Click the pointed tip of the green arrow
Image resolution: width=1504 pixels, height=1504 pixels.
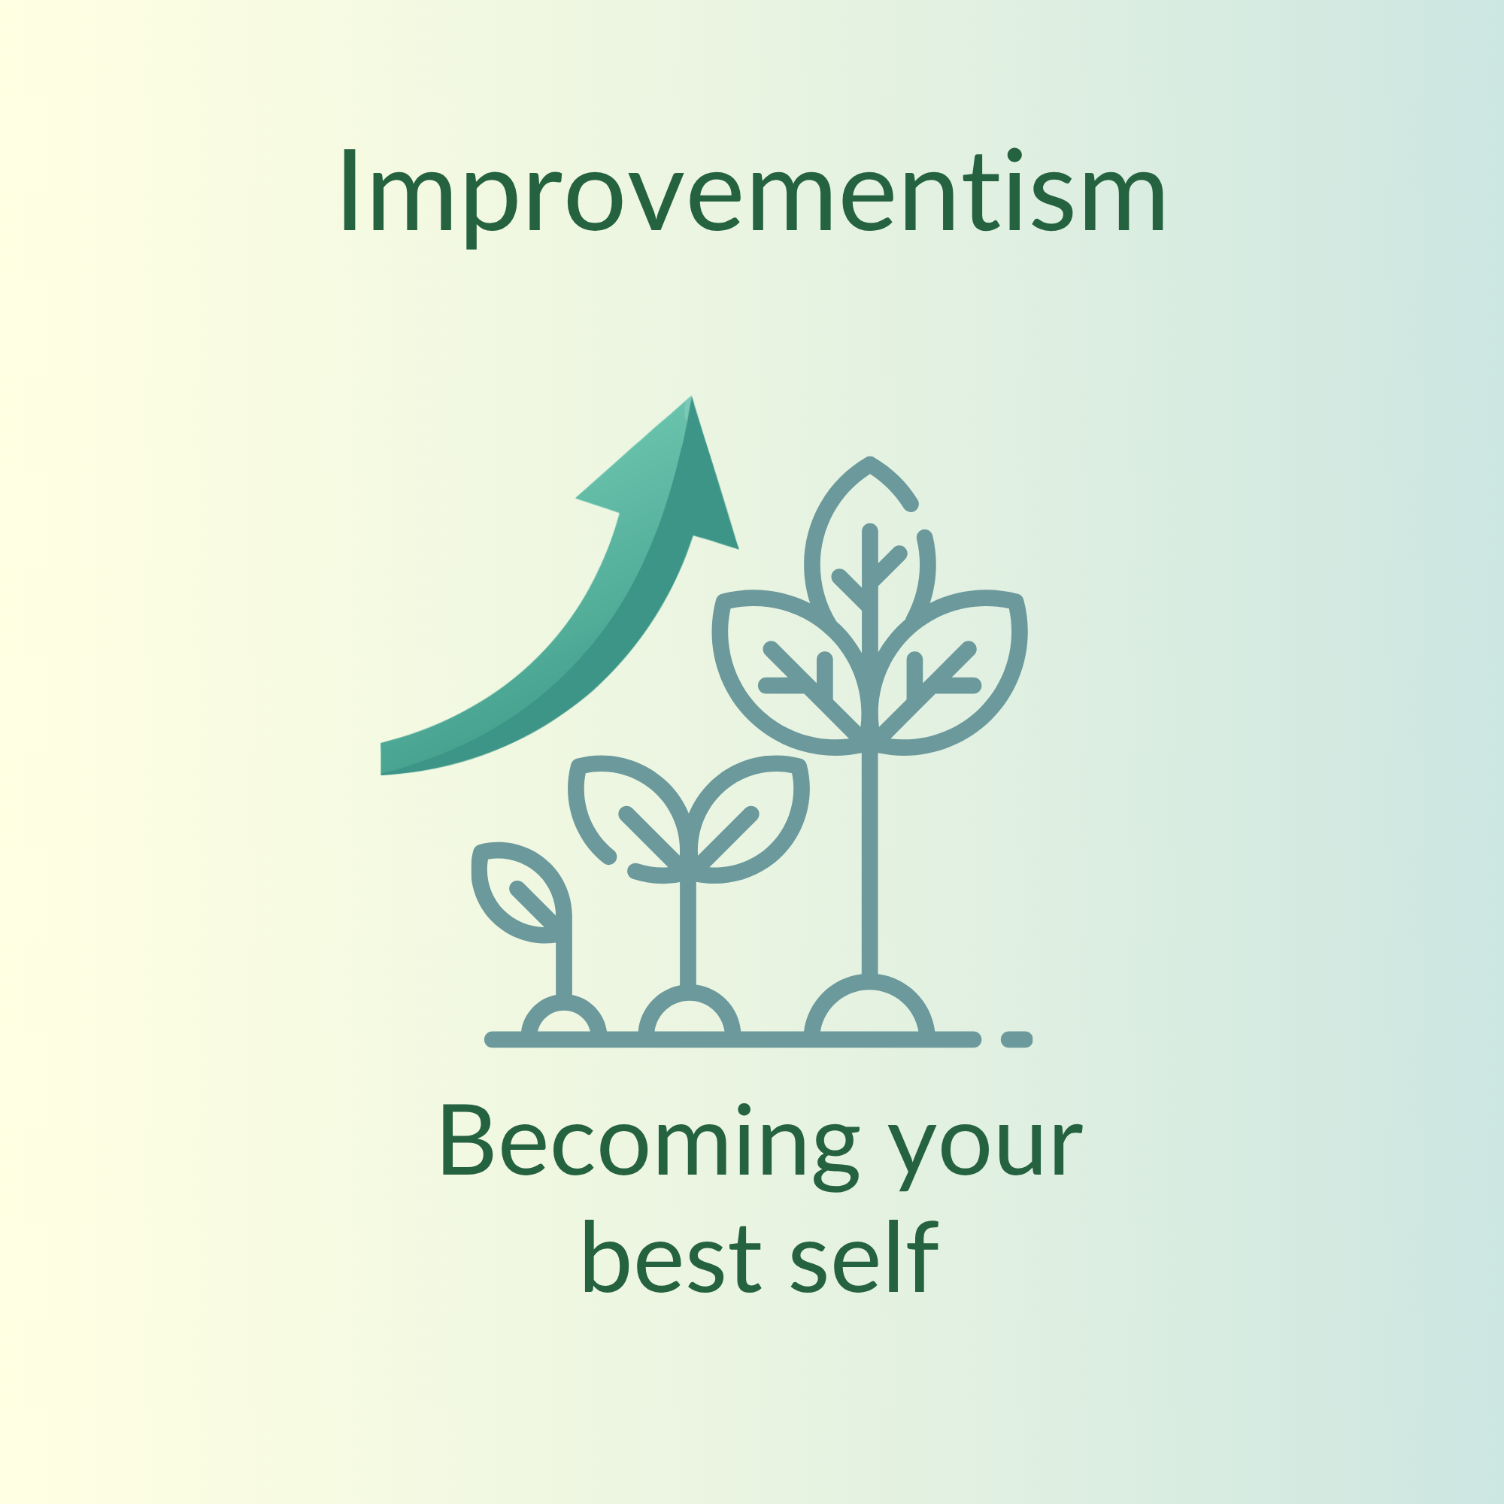pyautogui.click(x=690, y=398)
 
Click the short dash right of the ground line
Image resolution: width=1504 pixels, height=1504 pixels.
pyautogui.click(x=1016, y=1039)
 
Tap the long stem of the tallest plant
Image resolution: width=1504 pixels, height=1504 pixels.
pyautogui.click(x=869, y=864)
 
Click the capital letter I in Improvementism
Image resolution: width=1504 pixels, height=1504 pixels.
pyautogui.click(x=350, y=190)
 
